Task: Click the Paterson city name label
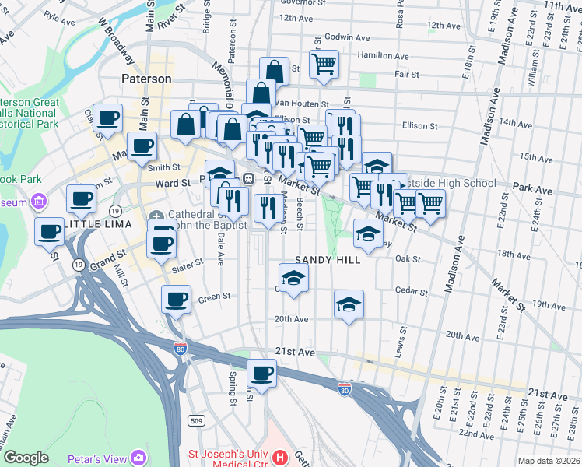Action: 146,79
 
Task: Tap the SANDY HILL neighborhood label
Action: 327,260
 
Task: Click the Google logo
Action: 26,458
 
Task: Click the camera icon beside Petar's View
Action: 138,457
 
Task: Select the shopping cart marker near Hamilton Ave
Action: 324,65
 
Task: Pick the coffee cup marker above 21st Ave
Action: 262,372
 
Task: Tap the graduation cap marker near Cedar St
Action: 349,304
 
